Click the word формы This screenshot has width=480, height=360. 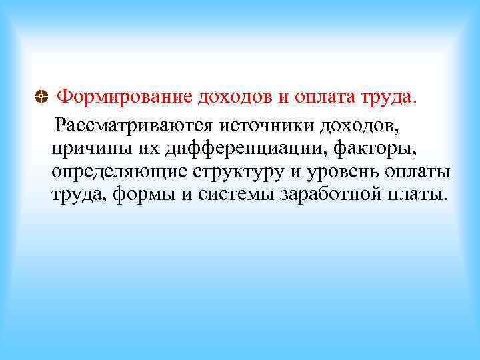[140, 195]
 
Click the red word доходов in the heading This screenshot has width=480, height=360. [235, 98]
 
